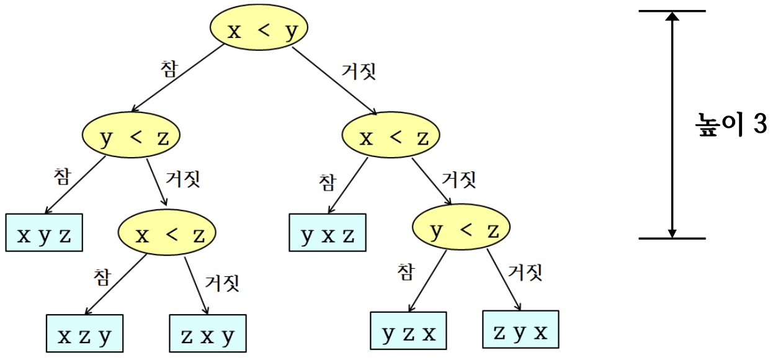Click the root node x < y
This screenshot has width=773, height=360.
(259, 30)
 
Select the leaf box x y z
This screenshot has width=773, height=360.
(44, 235)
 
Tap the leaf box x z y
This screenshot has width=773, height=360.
(84, 335)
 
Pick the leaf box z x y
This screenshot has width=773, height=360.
(208, 335)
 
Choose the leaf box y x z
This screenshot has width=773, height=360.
(328, 235)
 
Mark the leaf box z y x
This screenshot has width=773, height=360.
(521, 332)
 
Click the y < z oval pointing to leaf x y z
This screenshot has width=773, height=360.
(131, 137)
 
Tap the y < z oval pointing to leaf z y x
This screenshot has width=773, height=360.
(460, 231)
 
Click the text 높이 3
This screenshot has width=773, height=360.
(730, 125)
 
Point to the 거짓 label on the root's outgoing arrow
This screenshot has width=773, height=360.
(359, 71)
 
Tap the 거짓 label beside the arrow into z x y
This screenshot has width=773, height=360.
(221, 284)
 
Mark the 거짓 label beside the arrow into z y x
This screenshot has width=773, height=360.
(525, 272)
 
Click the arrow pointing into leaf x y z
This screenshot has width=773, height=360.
(76, 185)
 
